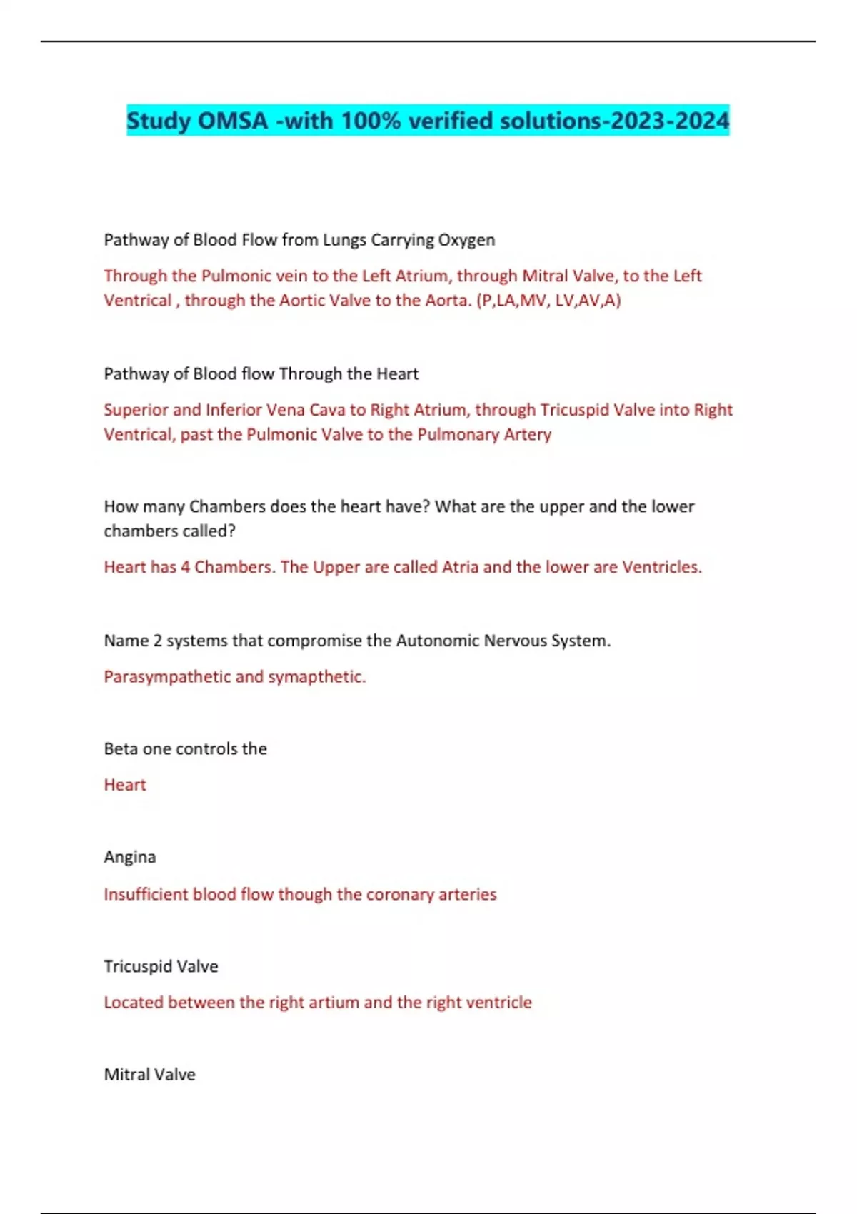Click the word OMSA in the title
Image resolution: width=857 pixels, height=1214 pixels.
232,121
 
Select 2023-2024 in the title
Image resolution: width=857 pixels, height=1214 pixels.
669,121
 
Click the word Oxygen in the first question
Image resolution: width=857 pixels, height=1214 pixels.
466,240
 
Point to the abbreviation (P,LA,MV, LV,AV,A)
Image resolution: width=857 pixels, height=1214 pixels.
548,301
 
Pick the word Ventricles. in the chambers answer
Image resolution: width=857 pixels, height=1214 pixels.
661,568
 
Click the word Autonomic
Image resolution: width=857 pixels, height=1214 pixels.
437,641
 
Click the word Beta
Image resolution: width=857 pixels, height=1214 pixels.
121,749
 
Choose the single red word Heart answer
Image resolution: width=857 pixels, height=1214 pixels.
125,786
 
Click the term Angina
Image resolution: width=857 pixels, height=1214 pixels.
129,858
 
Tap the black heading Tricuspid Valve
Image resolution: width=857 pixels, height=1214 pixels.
161,967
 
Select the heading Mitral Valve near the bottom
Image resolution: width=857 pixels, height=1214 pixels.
149,1075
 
